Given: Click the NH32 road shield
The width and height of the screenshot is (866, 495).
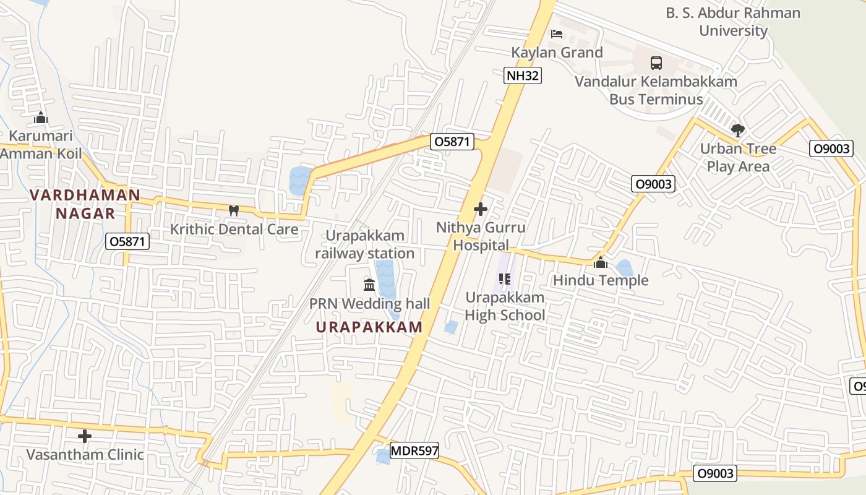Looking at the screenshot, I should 523,75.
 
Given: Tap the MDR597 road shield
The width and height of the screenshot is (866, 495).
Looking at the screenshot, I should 414,450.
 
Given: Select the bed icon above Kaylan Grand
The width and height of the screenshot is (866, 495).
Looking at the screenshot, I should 557,33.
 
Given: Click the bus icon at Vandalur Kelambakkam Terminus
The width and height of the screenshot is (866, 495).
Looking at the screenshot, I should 656,62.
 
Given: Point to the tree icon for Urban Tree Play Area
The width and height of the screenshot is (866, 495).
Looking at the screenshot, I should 737,130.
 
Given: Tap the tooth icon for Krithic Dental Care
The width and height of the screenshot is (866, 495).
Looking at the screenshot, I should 234,210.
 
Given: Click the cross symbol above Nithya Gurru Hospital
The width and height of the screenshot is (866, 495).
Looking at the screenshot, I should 481,209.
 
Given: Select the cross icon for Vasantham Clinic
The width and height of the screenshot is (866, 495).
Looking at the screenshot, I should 85,436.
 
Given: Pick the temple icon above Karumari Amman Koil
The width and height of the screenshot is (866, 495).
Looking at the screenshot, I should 41,117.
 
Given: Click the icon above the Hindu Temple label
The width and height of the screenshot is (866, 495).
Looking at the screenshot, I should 600,263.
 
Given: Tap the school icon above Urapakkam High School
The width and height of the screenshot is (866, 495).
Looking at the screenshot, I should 504,279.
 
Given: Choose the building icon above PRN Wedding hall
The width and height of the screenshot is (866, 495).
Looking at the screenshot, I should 369,285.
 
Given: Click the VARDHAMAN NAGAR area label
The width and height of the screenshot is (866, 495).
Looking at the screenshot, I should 85,204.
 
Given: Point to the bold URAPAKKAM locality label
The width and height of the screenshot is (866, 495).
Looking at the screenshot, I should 369,327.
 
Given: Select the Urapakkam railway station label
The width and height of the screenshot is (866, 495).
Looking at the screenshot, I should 365,244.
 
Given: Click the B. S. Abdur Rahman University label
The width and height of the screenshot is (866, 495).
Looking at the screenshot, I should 733,22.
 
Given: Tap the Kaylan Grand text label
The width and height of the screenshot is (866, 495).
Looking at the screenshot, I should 557,53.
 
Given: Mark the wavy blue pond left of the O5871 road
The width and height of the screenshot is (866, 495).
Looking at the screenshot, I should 301,180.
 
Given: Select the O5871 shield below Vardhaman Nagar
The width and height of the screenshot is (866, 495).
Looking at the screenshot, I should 127,241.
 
